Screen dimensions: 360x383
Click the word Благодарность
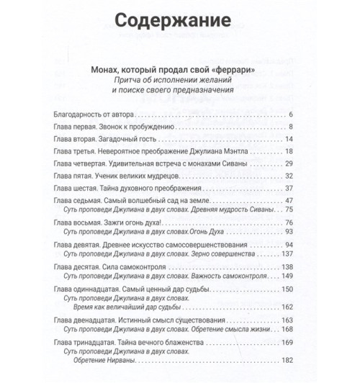(79, 114)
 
